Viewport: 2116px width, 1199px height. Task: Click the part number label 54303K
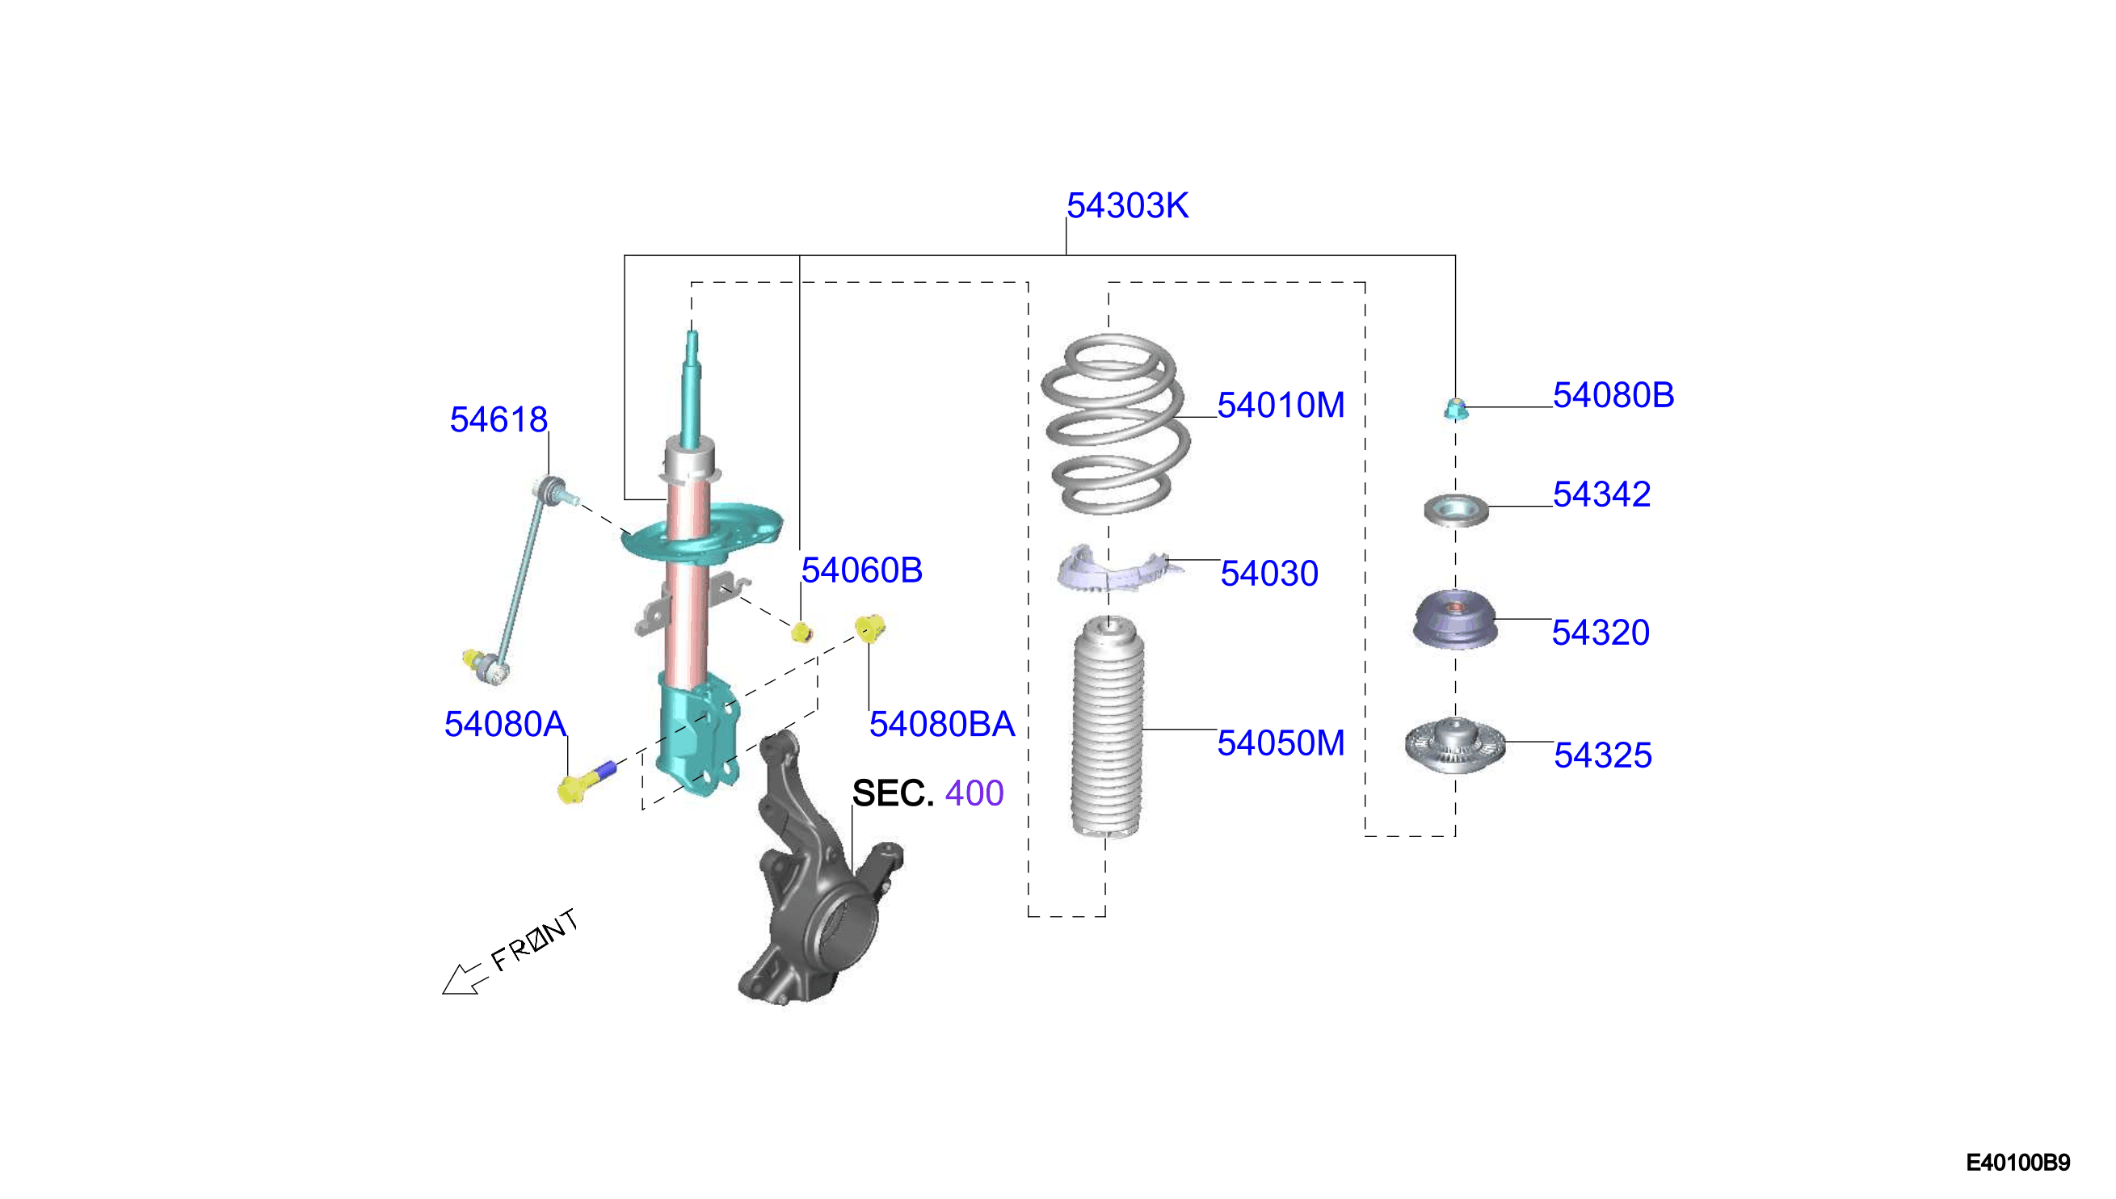click(x=1127, y=206)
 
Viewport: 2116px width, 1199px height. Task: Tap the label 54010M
click(x=1281, y=405)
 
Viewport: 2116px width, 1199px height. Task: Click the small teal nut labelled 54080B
click(x=1456, y=409)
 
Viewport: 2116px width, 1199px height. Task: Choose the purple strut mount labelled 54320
click(x=1455, y=619)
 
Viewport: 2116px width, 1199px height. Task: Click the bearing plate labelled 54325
click(x=1455, y=745)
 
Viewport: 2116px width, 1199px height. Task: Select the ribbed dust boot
click(x=1108, y=728)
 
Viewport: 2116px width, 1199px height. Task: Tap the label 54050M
click(x=1281, y=743)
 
